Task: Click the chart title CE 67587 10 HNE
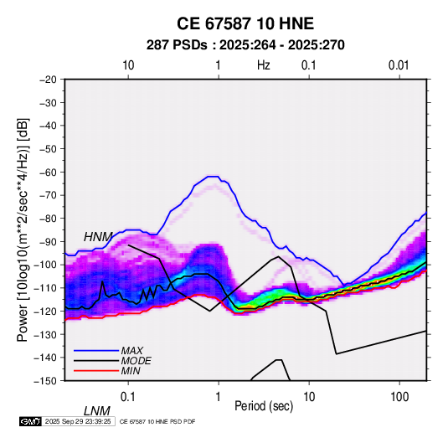[x=245, y=23]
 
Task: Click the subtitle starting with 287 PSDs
[x=245, y=45]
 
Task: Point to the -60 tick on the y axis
[x=49, y=172]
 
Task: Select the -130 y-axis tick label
[x=46, y=334]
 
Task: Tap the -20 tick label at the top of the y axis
[x=49, y=80]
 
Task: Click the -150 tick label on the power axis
[x=46, y=381]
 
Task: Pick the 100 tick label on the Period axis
[x=399, y=397]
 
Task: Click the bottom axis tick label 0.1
[x=128, y=397]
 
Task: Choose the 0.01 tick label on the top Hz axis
[x=399, y=65]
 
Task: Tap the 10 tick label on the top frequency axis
[x=128, y=65]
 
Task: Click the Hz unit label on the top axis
[x=264, y=65]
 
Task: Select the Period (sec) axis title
[x=264, y=406]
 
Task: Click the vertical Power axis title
[x=23, y=230]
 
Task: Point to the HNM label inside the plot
[x=98, y=237]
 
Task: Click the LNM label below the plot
[x=97, y=411]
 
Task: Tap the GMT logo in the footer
[x=31, y=421]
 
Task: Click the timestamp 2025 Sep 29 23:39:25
[x=78, y=421]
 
